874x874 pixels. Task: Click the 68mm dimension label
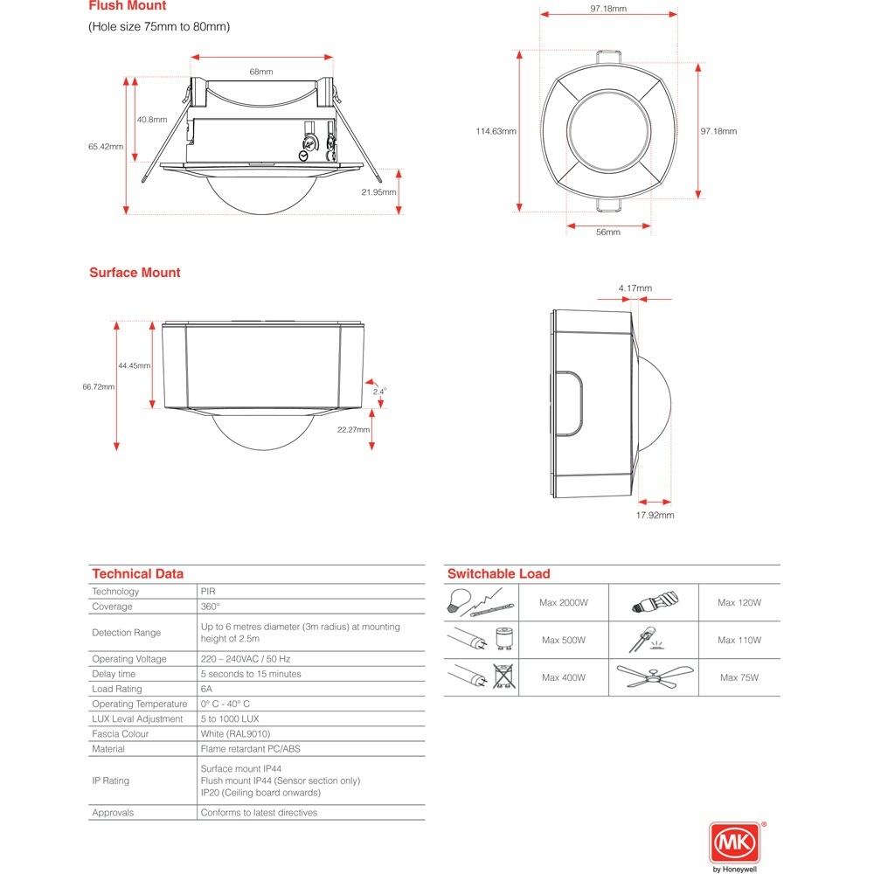pyautogui.click(x=261, y=72)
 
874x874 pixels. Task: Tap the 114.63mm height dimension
pyautogui.click(x=496, y=131)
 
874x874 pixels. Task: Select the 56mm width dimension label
pyautogui.click(x=607, y=232)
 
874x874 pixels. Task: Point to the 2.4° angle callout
pyautogui.click(x=379, y=392)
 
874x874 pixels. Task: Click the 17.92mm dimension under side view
pyautogui.click(x=655, y=515)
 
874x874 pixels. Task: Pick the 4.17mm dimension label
pyautogui.click(x=635, y=288)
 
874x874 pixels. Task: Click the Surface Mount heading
pyautogui.click(x=135, y=273)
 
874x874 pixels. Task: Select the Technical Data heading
pyautogui.click(x=137, y=573)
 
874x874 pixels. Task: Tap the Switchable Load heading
pyautogui.click(x=498, y=573)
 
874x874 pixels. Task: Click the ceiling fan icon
pyautogui.click(x=655, y=676)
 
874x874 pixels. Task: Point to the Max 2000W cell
pyautogui.click(x=563, y=602)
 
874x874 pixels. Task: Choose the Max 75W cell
pyautogui.click(x=739, y=677)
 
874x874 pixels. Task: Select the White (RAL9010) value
pyautogui.click(x=235, y=734)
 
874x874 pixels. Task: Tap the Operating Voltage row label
pyautogui.click(x=129, y=659)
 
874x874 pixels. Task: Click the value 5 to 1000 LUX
pyautogui.click(x=236, y=718)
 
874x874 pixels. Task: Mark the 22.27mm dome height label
pyautogui.click(x=353, y=429)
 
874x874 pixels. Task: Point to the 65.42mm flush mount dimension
pyautogui.click(x=105, y=147)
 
